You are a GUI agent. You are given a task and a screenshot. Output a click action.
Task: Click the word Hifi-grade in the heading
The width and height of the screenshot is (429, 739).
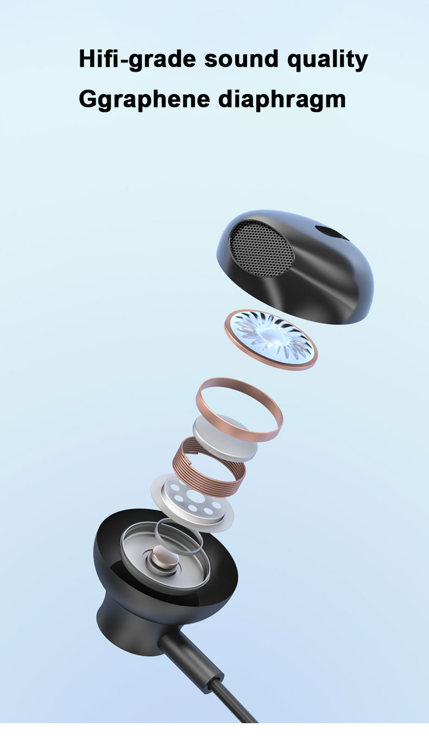coord(137,60)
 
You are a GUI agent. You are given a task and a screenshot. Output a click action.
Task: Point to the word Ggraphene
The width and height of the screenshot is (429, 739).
coord(144,99)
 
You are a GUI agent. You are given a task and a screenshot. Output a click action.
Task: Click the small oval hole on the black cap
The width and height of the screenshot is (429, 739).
coord(330,233)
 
